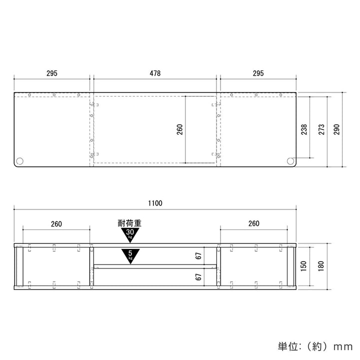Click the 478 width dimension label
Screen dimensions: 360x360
155,73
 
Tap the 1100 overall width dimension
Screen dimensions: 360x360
155,203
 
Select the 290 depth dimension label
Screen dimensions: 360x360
336,129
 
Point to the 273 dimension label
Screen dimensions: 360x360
321,129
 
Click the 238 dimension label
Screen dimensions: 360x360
304,129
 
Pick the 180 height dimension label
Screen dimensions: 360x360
321,266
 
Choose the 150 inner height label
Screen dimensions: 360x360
303,266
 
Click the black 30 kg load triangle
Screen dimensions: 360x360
130,234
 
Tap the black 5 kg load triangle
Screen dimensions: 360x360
130,255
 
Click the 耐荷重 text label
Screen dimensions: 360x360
129,223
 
